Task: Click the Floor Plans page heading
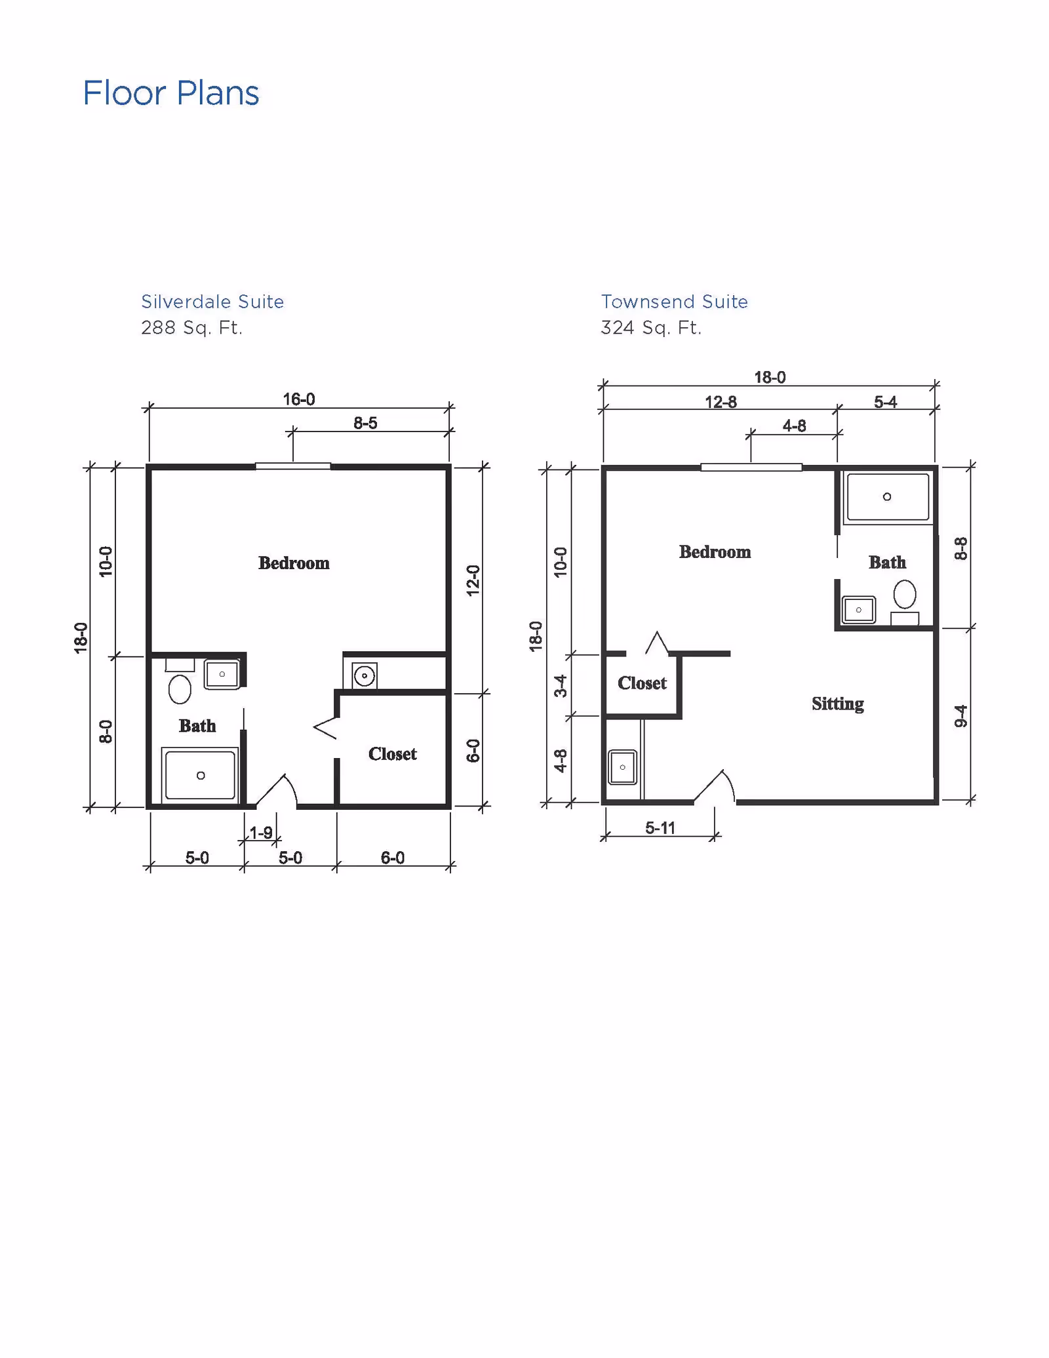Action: (x=171, y=93)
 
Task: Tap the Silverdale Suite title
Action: (x=212, y=302)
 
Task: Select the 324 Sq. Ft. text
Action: (x=651, y=327)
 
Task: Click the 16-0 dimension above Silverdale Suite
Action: (x=299, y=399)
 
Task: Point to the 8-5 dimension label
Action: (x=365, y=423)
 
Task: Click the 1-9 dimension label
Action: (x=261, y=833)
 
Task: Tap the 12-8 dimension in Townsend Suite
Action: (x=721, y=402)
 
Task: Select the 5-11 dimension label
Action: (x=660, y=828)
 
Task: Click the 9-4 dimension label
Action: (x=960, y=716)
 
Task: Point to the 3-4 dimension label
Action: (x=561, y=686)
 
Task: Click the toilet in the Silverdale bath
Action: (x=180, y=689)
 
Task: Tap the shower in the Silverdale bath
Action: (x=200, y=775)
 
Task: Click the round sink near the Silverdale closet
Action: (x=364, y=675)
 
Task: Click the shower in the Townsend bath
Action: (x=888, y=497)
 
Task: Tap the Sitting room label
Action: (x=837, y=704)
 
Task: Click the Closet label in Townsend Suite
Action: (x=642, y=683)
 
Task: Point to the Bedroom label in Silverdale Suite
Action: (x=294, y=563)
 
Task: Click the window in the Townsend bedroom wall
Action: (x=751, y=468)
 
